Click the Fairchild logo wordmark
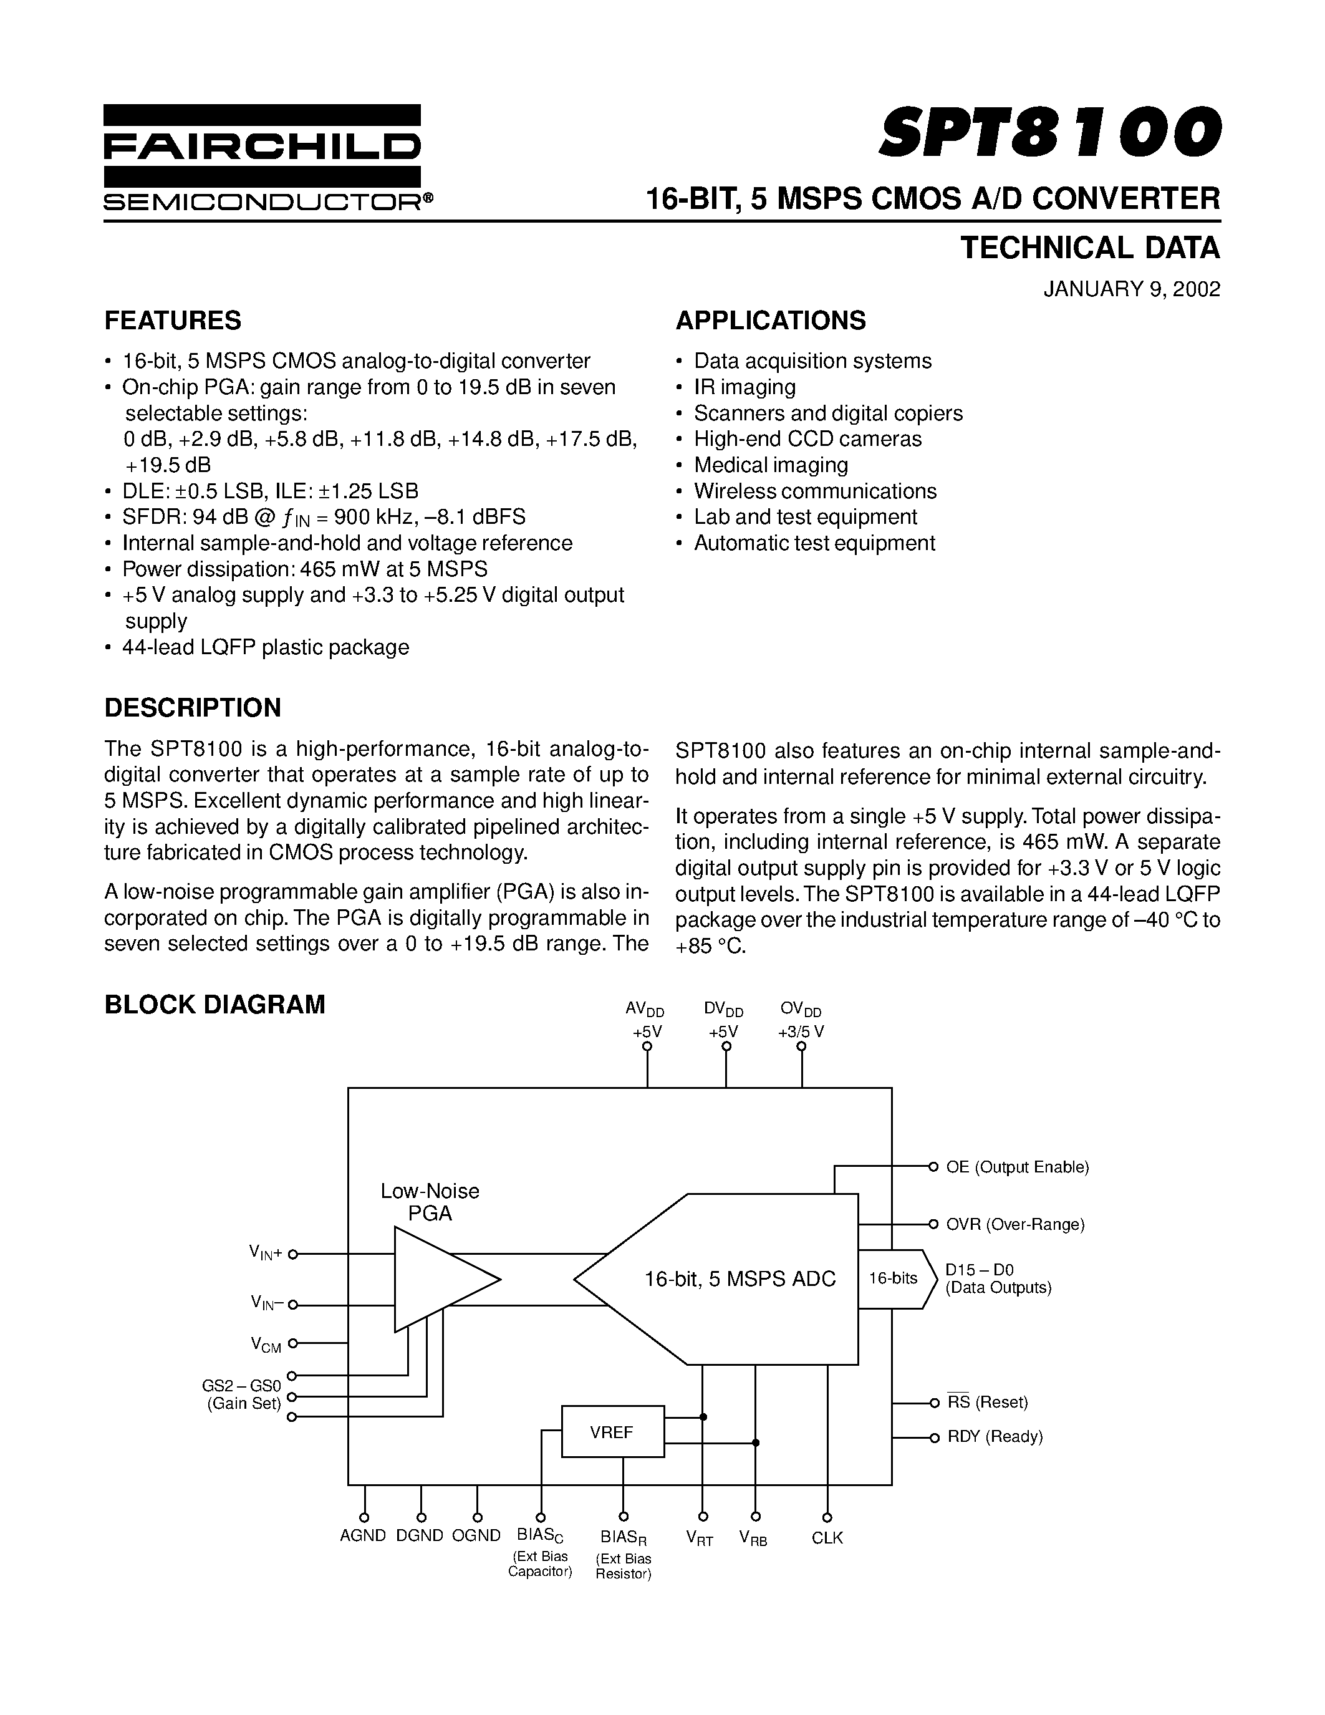point(262,146)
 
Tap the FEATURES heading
point(173,321)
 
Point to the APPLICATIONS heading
point(771,321)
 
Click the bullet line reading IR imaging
point(744,387)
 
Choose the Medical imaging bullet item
point(770,465)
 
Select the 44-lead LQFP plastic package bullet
point(266,647)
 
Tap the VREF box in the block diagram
point(612,1432)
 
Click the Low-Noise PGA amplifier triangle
point(440,1279)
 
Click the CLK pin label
point(827,1537)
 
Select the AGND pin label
point(363,1536)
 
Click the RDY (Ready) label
point(995,1437)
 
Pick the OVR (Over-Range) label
point(1015,1224)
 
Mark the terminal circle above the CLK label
point(827,1517)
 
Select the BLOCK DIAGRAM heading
point(214,1004)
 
